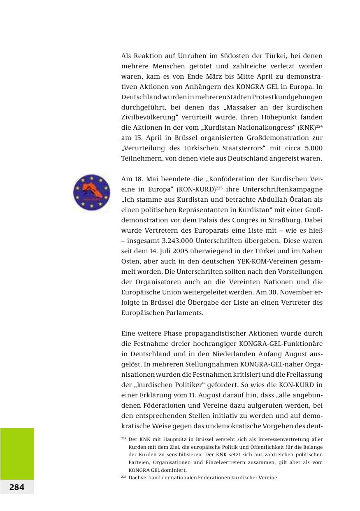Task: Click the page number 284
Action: coord(17,487)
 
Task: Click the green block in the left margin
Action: coord(17,453)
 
